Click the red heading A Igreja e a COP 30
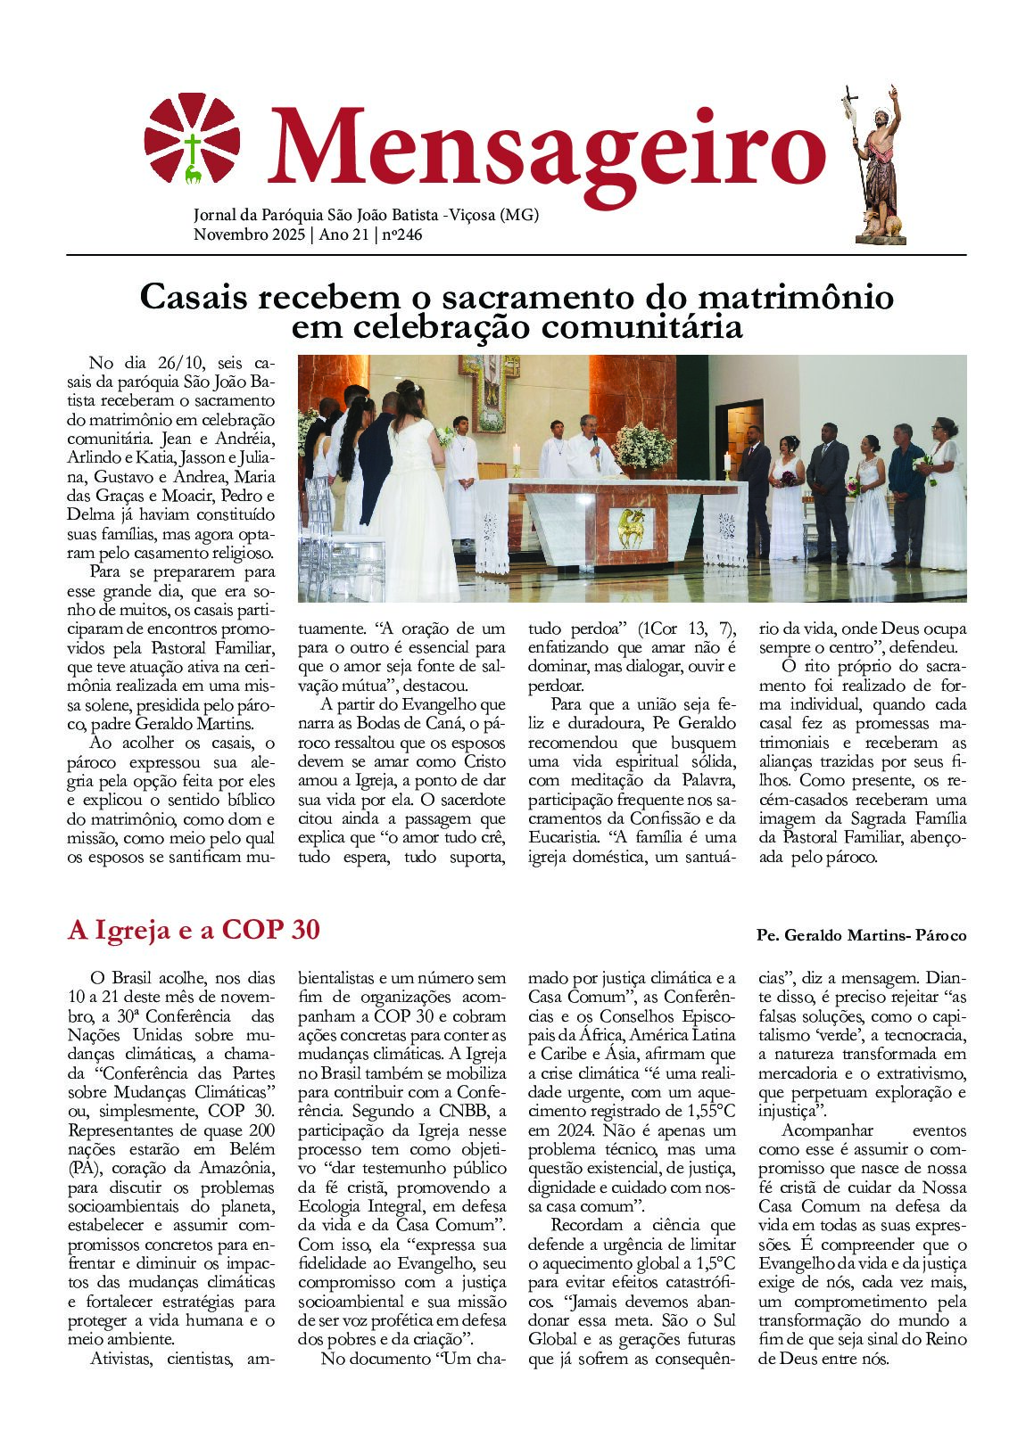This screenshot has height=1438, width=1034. click(x=194, y=930)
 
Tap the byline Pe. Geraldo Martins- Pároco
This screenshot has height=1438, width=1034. click(x=861, y=935)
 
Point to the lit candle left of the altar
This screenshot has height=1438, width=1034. click(x=515, y=456)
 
